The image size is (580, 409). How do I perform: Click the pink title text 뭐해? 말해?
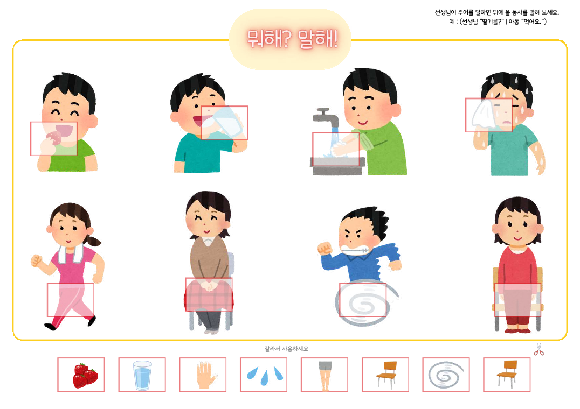[x=292, y=39]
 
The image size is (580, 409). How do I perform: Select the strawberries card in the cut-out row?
[x=81, y=375]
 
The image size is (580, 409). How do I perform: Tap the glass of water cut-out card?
[x=142, y=375]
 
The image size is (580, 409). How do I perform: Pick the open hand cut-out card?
[x=203, y=375]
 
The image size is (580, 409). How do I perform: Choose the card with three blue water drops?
[x=264, y=375]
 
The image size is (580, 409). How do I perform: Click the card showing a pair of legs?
[x=324, y=375]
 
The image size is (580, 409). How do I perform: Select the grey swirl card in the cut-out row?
[x=446, y=375]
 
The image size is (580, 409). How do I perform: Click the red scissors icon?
[x=538, y=350]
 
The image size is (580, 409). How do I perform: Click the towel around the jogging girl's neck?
[x=71, y=253]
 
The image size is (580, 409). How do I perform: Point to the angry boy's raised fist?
[x=325, y=248]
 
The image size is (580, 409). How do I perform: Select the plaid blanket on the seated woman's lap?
[x=209, y=294]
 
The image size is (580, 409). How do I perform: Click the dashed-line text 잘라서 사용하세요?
[x=286, y=349]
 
